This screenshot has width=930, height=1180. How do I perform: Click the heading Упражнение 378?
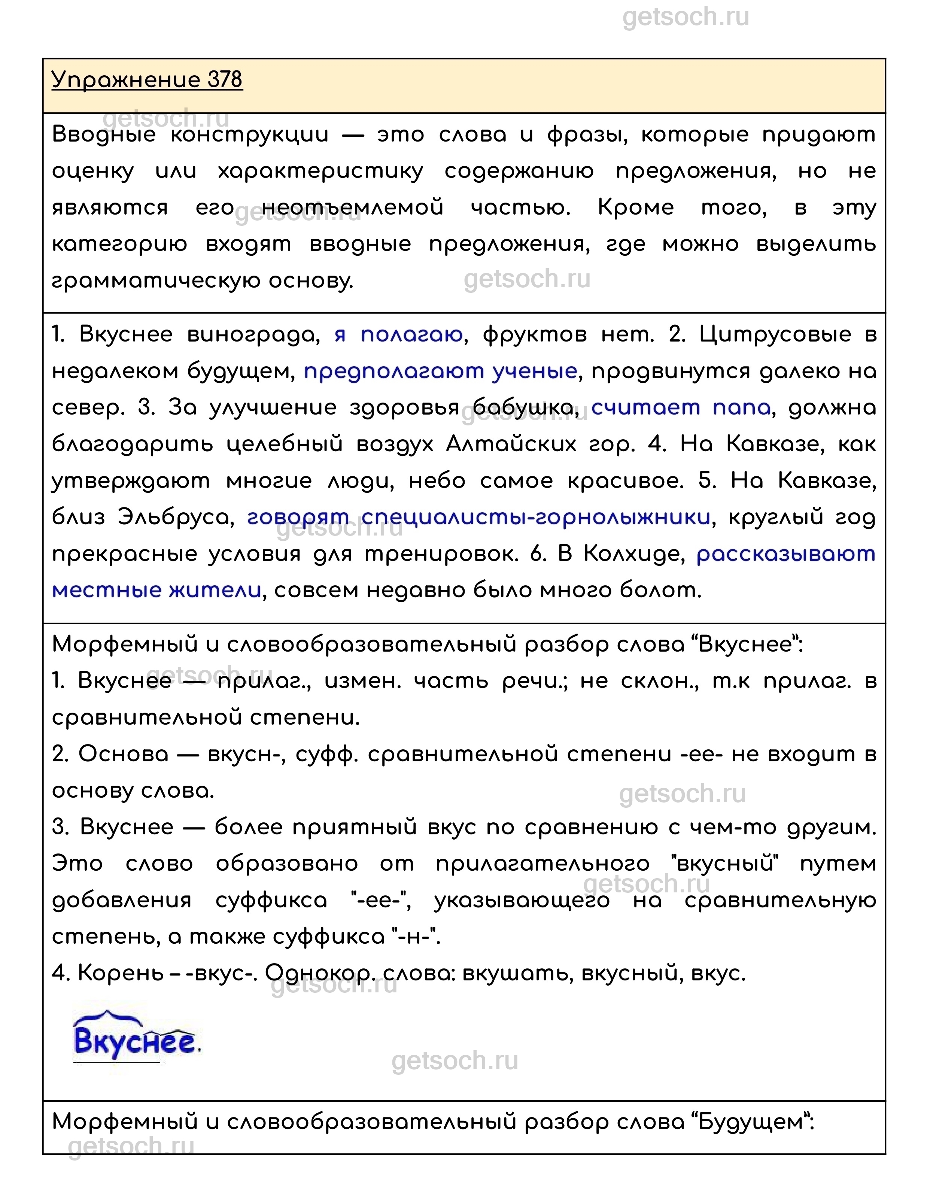[147, 80]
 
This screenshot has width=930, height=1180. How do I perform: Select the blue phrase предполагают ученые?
[440, 371]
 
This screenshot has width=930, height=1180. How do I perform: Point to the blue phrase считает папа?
[681, 408]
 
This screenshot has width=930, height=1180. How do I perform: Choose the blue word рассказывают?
[786, 554]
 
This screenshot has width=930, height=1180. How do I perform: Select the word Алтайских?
[511, 445]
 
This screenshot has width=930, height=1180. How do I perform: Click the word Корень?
[120, 973]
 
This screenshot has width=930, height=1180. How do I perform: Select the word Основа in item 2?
[124, 754]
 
